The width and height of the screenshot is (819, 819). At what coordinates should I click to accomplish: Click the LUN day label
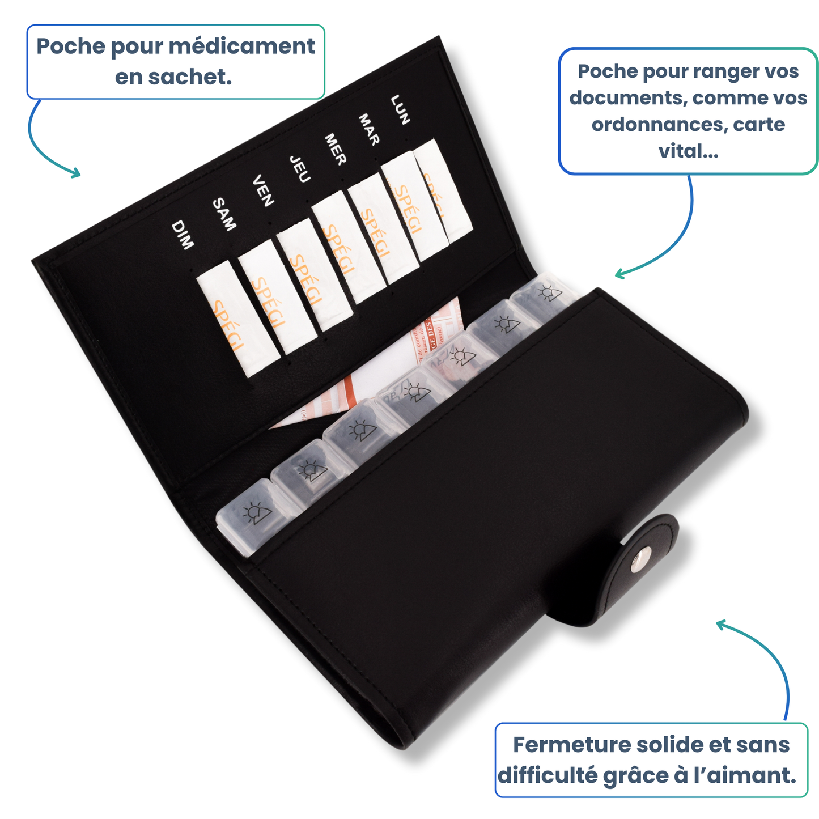click(x=400, y=109)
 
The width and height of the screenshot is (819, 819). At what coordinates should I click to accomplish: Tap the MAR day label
click(x=368, y=130)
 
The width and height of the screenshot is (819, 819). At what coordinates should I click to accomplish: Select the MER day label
click(x=335, y=150)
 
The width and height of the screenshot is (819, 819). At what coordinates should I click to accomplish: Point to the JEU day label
click(x=300, y=169)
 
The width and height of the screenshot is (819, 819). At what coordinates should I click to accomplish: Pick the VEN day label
click(x=263, y=190)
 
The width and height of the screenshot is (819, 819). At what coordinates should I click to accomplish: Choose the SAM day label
click(x=224, y=214)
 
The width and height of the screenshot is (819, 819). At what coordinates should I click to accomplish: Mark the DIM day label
click(x=183, y=235)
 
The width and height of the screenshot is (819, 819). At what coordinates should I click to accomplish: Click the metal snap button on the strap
click(x=642, y=561)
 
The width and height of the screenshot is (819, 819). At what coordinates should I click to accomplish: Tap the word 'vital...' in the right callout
click(x=688, y=151)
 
